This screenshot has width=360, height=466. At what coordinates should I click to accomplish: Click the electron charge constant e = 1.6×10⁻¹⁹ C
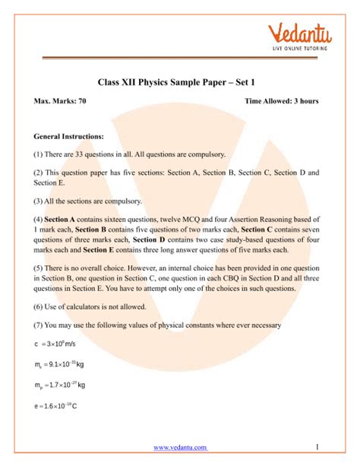[56, 406]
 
